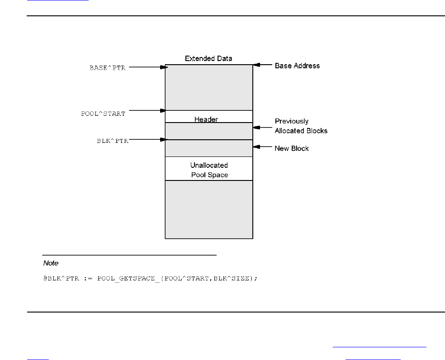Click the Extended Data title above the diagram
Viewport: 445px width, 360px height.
point(208,59)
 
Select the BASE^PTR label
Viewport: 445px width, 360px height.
point(107,68)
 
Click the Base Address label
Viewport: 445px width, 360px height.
point(297,66)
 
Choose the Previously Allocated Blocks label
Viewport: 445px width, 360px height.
point(301,126)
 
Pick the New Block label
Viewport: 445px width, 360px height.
point(292,148)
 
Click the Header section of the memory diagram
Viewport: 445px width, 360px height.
point(206,119)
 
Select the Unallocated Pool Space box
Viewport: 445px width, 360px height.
point(209,170)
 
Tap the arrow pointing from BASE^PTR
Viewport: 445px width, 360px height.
point(147,67)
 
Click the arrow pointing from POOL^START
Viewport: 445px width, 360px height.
point(147,110)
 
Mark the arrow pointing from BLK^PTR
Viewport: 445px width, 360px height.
point(147,140)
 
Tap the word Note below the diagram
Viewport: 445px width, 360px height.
point(51,263)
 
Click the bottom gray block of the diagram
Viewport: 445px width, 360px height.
point(208,209)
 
